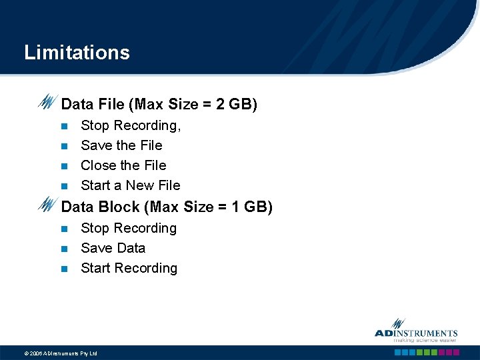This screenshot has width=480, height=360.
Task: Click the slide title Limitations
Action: (77, 53)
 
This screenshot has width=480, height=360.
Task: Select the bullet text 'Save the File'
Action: (121, 145)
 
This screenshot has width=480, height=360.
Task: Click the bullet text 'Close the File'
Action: (123, 165)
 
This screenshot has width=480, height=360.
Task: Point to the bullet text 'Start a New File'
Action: (130, 185)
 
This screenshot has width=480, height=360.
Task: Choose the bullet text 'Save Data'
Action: (113, 248)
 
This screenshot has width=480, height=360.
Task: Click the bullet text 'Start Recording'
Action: (129, 268)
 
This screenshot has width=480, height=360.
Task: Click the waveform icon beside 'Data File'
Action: (48, 103)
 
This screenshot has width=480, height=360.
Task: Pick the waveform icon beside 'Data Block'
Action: (48, 205)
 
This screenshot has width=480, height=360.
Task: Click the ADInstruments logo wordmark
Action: (416, 333)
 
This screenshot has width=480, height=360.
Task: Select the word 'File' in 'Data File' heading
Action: (111, 105)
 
